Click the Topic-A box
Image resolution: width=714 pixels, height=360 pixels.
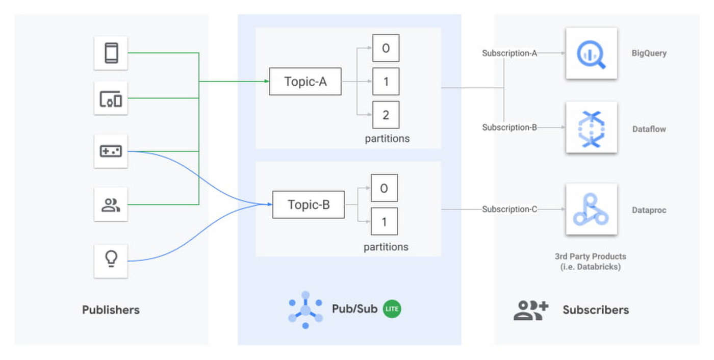(305, 82)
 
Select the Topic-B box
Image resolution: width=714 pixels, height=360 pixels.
(309, 204)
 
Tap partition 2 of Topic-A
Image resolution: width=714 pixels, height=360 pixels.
(386, 115)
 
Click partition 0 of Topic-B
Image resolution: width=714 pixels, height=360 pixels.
(384, 188)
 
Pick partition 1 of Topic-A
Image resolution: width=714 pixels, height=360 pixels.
(386, 82)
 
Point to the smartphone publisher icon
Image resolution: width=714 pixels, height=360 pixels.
(111, 53)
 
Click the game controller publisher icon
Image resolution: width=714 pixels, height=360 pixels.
(111, 151)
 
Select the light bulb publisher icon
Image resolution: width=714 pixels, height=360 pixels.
(111, 261)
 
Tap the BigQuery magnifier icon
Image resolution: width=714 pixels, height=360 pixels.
(591, 54)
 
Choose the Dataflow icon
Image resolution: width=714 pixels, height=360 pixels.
(591, 127)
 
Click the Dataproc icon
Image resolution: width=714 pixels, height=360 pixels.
(591, 209)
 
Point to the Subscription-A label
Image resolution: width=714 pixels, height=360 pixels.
(509, 53)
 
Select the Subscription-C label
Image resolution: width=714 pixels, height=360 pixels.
(509, 209)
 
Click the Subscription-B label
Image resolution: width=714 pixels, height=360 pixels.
(509, 127)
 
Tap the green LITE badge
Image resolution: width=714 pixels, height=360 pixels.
(392, 309)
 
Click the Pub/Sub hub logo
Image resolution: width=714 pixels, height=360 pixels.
(305, 310)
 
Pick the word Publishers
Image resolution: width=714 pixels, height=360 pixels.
(111, 310)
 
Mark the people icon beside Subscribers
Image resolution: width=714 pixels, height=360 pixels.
(530, 310)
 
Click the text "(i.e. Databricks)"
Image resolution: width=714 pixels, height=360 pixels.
(590, 267)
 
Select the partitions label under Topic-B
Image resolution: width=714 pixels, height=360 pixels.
(386, 247)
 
